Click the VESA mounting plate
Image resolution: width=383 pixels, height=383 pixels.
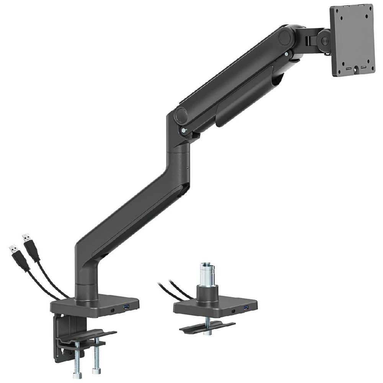coord(352,40)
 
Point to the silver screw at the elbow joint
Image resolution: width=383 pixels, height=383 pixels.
coord(185,131)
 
